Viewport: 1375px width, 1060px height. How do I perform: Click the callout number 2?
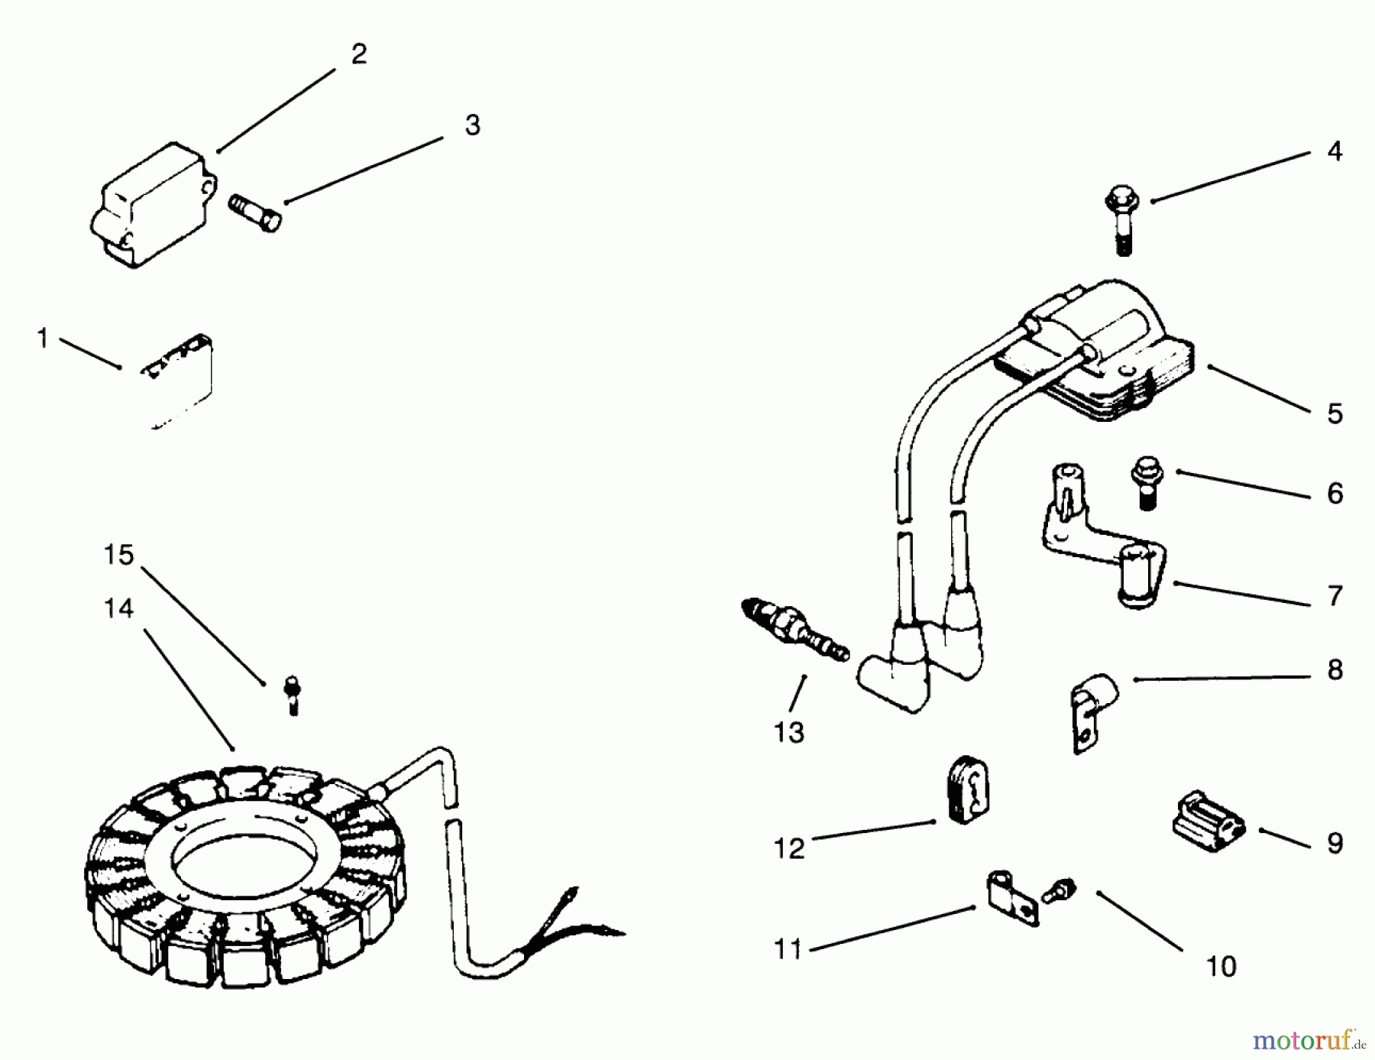pyautogui.click(x=359, y=53)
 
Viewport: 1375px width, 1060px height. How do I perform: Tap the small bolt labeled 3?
pyautogui.click(x=255, y=212)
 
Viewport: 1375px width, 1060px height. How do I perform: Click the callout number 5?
pyautogui.click(x=1335, y=413)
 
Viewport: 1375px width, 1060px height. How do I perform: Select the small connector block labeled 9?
pyautogui.click(x=1208, y=824)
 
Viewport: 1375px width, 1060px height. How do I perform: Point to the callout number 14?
pyautogui.click(x=118, y=608)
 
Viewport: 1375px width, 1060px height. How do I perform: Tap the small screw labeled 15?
pyautogui.click(x=291, y=694)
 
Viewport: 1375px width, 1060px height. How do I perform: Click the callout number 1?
pyautogui.click(x=43, y=337)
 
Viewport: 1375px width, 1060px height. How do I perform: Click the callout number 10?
pyautogui.click(x=1221, y=967)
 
